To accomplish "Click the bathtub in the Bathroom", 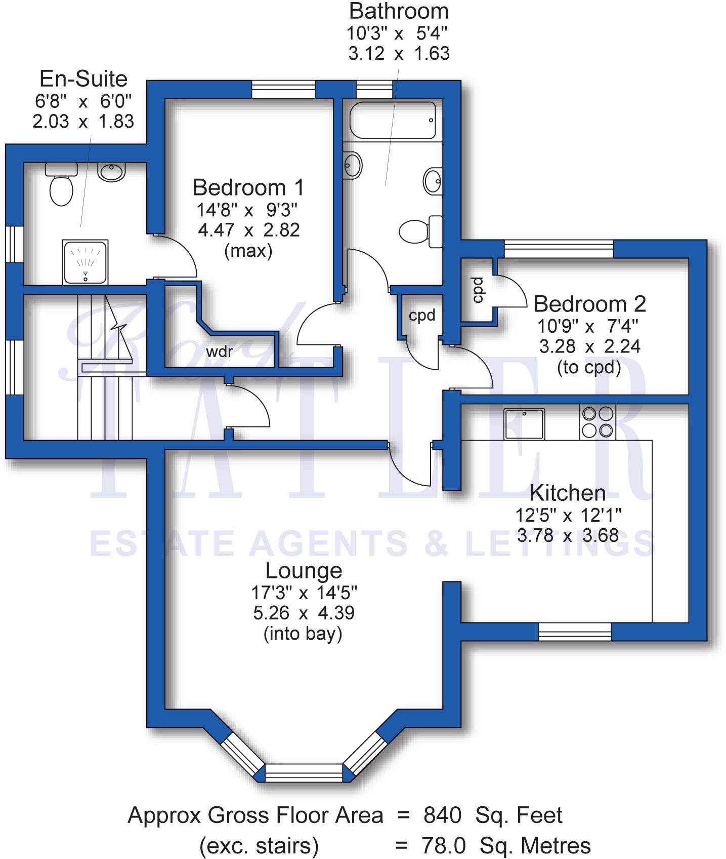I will pos(393,121).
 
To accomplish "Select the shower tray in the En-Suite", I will pos(85,262).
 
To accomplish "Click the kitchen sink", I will pos(524,423).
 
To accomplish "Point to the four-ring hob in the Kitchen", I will pos(597,422).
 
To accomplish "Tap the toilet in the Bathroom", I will pos(420,231).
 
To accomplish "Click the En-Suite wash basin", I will pos(111,171).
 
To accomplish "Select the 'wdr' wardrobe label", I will pos(220,351).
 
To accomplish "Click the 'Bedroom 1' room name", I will pos(248,187).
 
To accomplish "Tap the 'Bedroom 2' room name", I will pos(590,304).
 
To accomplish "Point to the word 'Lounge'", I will pos(304,570).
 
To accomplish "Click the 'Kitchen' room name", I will pos(567,493).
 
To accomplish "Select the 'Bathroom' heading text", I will pos(399,11).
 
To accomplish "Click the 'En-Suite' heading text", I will pos(83,79).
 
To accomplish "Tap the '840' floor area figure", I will pos(442,815).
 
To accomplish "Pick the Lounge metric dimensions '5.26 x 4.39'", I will pos(304,613).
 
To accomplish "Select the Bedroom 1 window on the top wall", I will pos(283,90).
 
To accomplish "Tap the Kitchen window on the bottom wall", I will pos(574,632).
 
